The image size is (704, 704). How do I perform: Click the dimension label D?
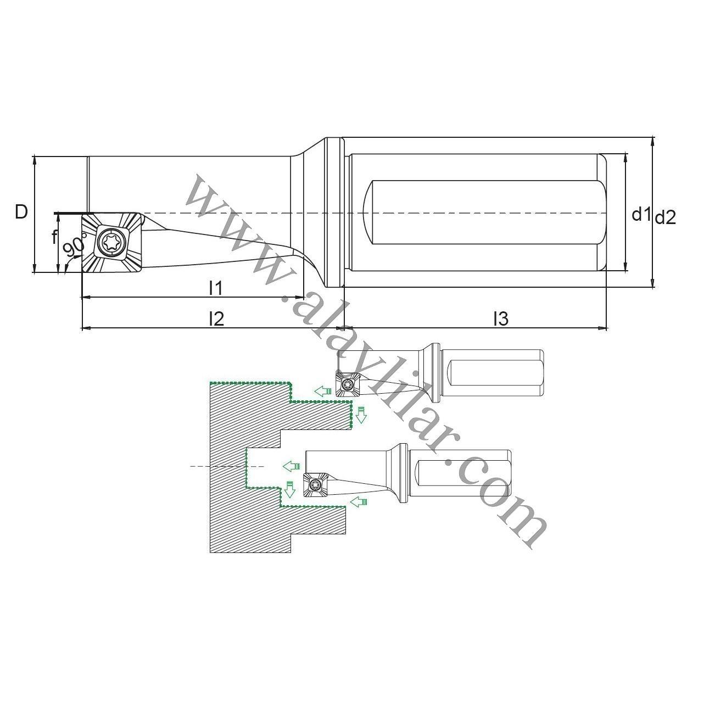pos(21,212)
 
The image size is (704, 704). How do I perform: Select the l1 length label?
pos(216,288)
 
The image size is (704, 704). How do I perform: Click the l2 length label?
pos(216,319)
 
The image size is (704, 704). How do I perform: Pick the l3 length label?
pos(501,319)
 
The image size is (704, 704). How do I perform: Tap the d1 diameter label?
pos(641,214)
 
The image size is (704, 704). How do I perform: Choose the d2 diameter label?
pos(665,219)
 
